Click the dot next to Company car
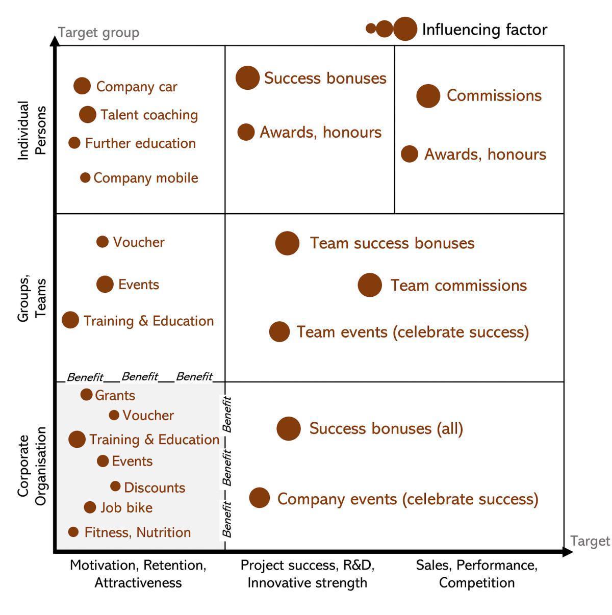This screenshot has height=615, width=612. (x=82, y=86)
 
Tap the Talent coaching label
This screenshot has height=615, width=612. (x=149, y=115)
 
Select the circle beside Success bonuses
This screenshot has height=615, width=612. (x=247, y=78)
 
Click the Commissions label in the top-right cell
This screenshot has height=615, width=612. (x=494, y=95)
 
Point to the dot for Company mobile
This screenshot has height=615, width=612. (x=85, y=177)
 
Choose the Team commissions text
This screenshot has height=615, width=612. (x=458, y=285)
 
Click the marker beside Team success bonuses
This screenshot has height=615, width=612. (x=287, y=243)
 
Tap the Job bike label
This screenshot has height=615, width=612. (x=126, y=507)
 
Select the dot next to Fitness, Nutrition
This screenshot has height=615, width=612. (x=73, y=532)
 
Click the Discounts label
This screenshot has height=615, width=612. (x=155, y=488)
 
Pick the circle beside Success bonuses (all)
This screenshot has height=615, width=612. (x=288, y=428)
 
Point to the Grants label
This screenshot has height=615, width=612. (x=115, y=395)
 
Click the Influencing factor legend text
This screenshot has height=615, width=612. (x=484, y=30)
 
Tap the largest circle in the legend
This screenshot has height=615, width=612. (x=405, y=29)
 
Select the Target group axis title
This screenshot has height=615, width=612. (x=98, y=33)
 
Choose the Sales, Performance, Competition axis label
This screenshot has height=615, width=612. (x=476, y=574)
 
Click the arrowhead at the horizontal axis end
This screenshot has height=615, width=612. (x=567, y=551)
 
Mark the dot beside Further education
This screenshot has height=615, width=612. (x=74, y=143)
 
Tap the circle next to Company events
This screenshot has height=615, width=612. (x=259, y=497)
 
